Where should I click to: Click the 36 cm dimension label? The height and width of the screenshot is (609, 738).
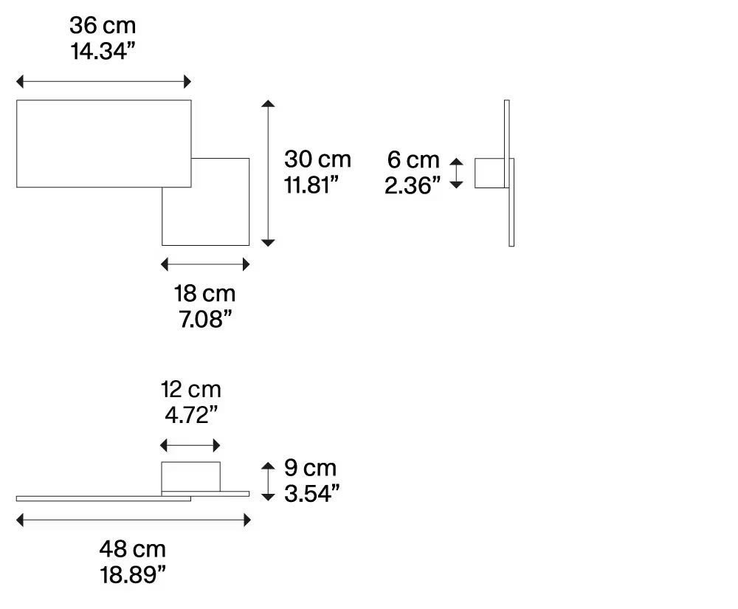coord(103,26)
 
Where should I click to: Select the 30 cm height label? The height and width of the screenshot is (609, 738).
coord(318,159)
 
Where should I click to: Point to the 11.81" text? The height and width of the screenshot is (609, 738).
coord(311,185)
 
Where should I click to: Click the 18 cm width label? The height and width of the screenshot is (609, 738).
coord(204,294)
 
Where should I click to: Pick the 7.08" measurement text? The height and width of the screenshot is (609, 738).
coord(204,320)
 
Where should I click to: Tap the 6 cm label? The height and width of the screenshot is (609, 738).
coord(413,159)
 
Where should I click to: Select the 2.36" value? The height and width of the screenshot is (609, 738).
coord(413,185)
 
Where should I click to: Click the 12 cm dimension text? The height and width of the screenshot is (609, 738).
coord(190,388)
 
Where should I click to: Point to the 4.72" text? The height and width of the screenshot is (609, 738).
coord(190,415)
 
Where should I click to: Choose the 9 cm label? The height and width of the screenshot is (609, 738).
coord(310,467)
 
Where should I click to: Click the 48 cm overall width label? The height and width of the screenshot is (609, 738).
coord(133,548)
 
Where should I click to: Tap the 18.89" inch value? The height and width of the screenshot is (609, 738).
coord(133,575)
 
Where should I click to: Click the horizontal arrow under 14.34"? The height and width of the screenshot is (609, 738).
coord(103,81)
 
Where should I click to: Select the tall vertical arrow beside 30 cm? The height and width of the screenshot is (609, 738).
coord(269,173)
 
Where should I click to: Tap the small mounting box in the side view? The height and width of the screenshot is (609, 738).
coord(489,173)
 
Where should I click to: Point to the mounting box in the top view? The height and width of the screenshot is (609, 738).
coord(190,475)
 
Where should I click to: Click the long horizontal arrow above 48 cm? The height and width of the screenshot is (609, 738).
coord(133,521)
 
